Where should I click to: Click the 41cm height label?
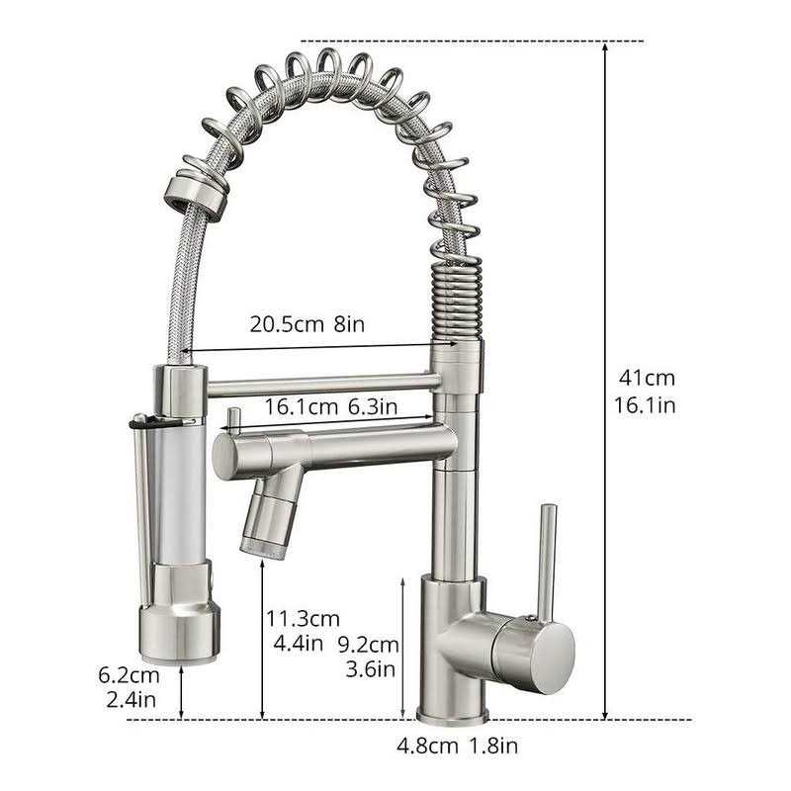click(x=647, y=378)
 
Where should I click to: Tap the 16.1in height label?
click(x=645, y=405)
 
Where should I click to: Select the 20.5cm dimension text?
click(x=287, y=324)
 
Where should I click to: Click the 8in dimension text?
click(x=349, y=324)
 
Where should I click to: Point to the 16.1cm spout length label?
click(x=302, y=407)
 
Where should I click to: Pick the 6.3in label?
click(x=373, y=407)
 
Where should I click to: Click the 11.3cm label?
click(x=304, y=619)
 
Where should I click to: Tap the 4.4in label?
click(x=299, y=644)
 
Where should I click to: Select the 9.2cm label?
click(x=368, y=645)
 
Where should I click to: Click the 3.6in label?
click(x=370, y=669)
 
